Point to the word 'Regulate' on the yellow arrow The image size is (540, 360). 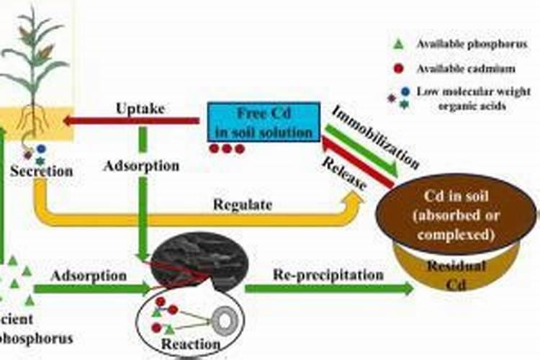pyautogui.click(x=243, y=204)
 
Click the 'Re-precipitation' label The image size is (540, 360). pyautogui.click(x=328, y=274)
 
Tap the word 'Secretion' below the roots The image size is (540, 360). pyautogui.click(x=42, y=171)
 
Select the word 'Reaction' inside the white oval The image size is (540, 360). pyautogui.click(x=190, y=344)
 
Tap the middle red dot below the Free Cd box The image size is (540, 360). pyautogui.click(x=227, y=149)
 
